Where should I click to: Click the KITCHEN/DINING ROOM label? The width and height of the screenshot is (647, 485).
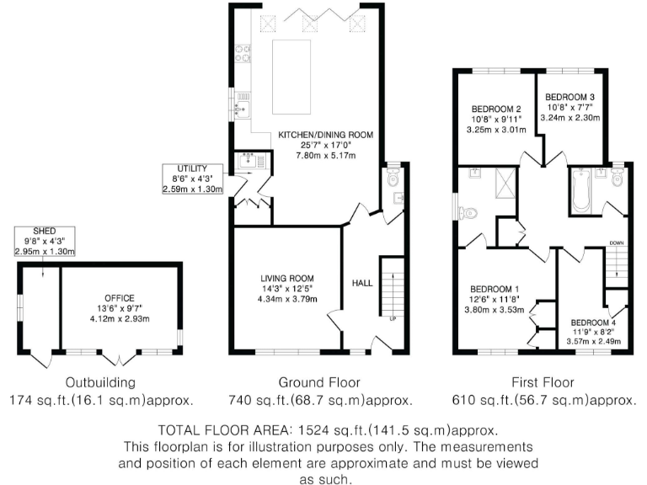325,135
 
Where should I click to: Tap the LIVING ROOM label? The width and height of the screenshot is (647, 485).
286,278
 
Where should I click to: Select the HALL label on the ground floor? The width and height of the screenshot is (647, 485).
362,284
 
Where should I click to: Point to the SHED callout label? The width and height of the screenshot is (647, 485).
44,231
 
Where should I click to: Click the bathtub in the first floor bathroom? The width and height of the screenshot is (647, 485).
580,190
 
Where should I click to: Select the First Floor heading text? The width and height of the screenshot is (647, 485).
534,381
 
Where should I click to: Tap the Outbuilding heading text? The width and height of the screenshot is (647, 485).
102,381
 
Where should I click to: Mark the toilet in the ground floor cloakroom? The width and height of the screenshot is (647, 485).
393,179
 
